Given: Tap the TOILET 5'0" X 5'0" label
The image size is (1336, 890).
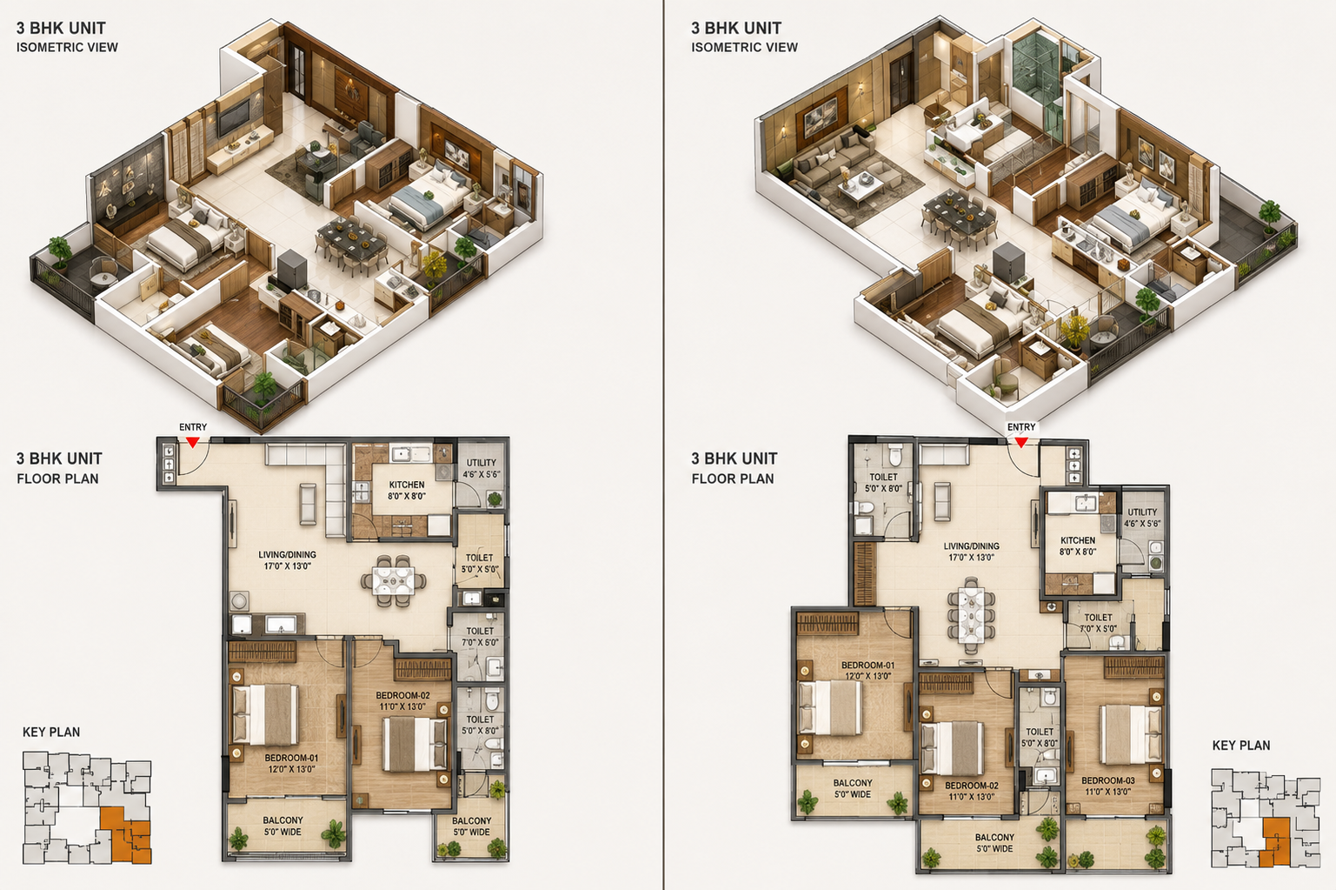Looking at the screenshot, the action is [480, 564].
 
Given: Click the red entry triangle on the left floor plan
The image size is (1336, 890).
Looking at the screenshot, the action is [192, 442].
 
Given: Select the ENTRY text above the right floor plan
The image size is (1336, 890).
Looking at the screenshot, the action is [1021, 427].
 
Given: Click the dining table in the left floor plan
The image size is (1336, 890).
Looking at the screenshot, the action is [393, 581].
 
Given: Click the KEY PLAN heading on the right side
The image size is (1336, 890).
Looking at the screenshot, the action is [1241, 746].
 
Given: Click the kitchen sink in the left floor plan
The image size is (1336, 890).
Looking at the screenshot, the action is [412, 454].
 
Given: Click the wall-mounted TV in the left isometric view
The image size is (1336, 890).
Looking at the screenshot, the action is [233, 117].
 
